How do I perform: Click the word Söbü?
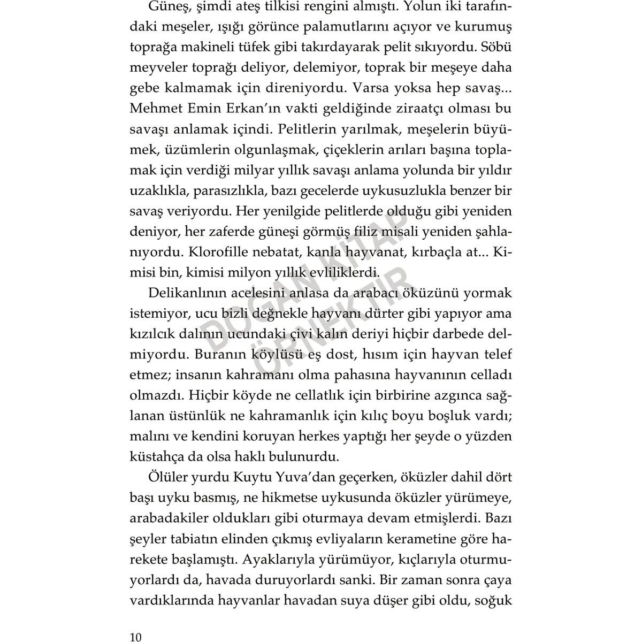pos(497,47)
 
